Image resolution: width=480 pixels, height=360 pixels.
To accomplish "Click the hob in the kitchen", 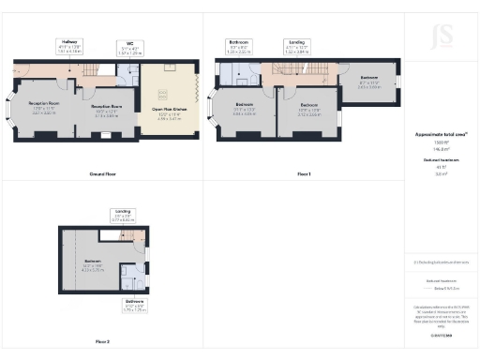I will coord(163,92).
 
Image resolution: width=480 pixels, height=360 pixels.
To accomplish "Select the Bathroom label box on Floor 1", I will coord(239,46).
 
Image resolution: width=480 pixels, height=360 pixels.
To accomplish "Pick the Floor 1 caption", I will coord(303,175).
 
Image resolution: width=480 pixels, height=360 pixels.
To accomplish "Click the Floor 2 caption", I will coord(101,341).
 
